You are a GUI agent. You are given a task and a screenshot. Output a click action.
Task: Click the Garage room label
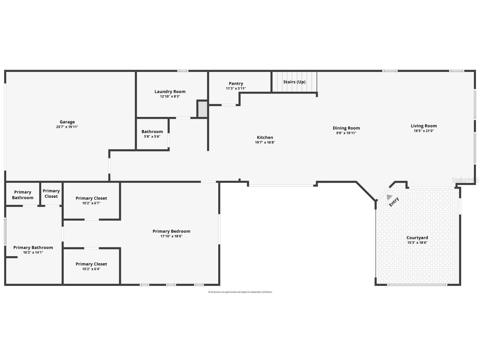(x=67, y=122)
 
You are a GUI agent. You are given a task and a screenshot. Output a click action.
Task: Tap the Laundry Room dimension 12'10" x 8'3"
(x=170, y=97)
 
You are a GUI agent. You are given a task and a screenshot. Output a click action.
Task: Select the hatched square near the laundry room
(x=202, y=109)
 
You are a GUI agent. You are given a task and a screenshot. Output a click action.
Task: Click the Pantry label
(x=236, y=84)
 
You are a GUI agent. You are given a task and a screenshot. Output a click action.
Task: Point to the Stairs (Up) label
(x=294, y=82)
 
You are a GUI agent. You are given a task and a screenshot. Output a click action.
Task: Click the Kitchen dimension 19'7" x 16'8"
(x=265, y=142)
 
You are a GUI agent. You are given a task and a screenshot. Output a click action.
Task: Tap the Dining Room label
(x=346, y=128)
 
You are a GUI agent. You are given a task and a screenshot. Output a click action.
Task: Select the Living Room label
(x=424, y=126)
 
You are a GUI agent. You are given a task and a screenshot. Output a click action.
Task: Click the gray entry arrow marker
(x=389, y=197)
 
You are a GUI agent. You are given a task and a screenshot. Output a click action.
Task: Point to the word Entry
(x=394, y=202)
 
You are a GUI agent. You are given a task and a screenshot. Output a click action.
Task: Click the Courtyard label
(x=417, y=238)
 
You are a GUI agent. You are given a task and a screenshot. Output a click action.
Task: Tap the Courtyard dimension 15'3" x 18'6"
(x=417, y=243)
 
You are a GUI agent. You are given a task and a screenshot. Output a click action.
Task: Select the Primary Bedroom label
(x=171, y=231)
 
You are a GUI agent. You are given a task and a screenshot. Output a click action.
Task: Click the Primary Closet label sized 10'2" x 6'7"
(x=91, y=198)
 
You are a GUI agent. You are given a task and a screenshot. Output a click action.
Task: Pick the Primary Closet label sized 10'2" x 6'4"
(x=91, y=264)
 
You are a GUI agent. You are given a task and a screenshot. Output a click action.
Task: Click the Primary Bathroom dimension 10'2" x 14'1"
(x=33, y=252)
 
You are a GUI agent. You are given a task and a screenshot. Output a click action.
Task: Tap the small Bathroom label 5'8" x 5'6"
(x=152, y=132)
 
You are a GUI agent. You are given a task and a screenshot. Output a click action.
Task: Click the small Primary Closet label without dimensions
(x=51, y=194)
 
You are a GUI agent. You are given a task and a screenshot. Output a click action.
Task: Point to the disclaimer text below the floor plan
(x=240, y=292)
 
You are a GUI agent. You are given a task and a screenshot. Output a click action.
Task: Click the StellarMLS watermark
(x=465, y=180)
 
